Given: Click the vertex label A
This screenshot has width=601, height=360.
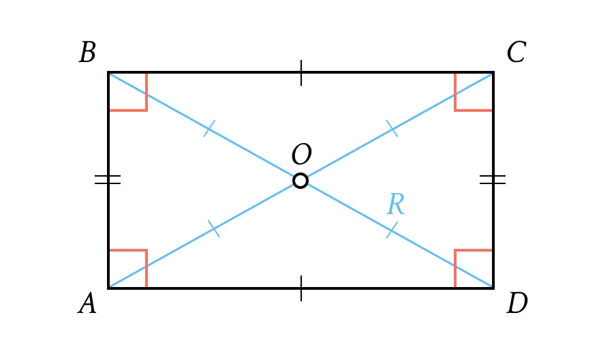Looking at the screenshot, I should (87, 303).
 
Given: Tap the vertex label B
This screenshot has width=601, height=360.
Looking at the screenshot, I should (87, 53).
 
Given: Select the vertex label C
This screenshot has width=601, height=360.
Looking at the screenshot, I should (516, 53).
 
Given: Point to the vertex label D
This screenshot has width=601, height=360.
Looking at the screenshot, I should (517, 303).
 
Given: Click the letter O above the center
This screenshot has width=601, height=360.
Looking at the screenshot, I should (301, 155).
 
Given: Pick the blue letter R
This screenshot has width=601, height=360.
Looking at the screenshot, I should (395, 205).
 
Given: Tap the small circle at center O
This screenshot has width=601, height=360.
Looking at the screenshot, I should (300, 181).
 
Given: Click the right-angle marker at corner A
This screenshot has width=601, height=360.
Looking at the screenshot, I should (127, 269).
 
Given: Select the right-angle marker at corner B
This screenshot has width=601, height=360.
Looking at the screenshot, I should (127, 91).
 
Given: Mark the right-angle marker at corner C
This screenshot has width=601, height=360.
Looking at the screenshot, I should (474, 91).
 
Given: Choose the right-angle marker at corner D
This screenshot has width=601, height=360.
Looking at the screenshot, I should (474, 269).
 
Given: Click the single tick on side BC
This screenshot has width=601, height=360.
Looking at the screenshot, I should (301, 73).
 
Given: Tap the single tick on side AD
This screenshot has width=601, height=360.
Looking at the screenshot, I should (301, 288).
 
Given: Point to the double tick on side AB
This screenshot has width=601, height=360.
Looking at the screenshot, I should (108, 180).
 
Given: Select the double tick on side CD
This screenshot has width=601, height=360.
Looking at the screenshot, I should (493, 180).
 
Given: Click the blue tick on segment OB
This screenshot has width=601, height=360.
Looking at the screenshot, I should (209, 128).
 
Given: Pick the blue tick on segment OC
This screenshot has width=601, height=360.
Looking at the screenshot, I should (392, 128).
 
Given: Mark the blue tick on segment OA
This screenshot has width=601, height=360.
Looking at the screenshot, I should (214, 228).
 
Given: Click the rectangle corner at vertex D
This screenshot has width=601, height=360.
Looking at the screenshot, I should (493, 288).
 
